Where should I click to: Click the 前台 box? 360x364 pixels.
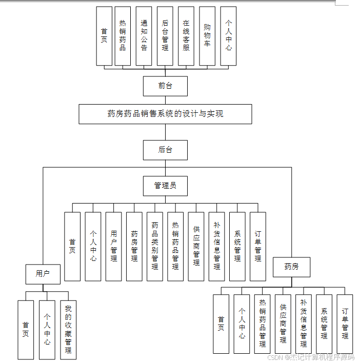(x=165, y=86)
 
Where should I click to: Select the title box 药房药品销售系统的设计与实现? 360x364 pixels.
(x=165, y=114)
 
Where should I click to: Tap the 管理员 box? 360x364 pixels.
(x=165, y=186)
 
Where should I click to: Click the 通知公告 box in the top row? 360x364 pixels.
(x=144, y=36)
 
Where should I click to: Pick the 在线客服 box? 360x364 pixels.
(x=186, y=36)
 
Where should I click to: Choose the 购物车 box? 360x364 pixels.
(x=207, y=36)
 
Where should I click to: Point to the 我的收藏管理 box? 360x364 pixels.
(x=68, y=329)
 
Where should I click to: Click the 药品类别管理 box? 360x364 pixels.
(x=155, y=246)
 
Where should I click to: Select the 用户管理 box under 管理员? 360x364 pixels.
(x=113, y=246)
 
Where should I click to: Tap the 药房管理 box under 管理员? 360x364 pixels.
(x=134, y=246)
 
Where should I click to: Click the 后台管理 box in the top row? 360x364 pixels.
(x=165, y=36)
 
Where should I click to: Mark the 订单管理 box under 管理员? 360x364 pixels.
(x=257, y=246)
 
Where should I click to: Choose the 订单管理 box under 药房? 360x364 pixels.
(x=345, y=324)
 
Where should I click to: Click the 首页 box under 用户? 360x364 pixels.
(x=26, y=329)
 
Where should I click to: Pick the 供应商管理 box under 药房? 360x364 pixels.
(x=283, y=324)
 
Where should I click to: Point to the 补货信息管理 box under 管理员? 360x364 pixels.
(x=216, y=246)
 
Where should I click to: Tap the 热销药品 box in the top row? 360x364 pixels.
(x=123, y=36)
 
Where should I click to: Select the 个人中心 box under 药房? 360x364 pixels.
(x=242, y=324)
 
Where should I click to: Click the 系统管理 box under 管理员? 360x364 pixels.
(x=237, y=246)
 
